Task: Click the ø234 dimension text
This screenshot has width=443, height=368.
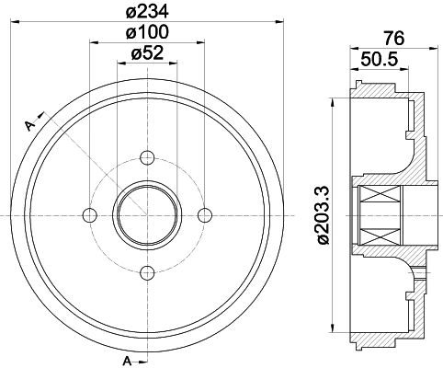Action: [147, 11]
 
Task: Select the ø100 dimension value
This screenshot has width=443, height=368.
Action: [147, 33]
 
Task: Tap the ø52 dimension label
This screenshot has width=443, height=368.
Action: [147, 54]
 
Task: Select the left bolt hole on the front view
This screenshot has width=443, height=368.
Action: [89, 214]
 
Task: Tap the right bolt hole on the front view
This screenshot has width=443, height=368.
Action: [204, 214]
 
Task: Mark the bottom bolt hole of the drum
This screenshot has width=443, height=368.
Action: [147, 271]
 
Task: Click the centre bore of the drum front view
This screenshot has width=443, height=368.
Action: [147, 214]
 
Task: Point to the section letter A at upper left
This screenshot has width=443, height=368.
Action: [29, 123]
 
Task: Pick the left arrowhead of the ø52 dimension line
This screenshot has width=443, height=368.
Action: [121, 63]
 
